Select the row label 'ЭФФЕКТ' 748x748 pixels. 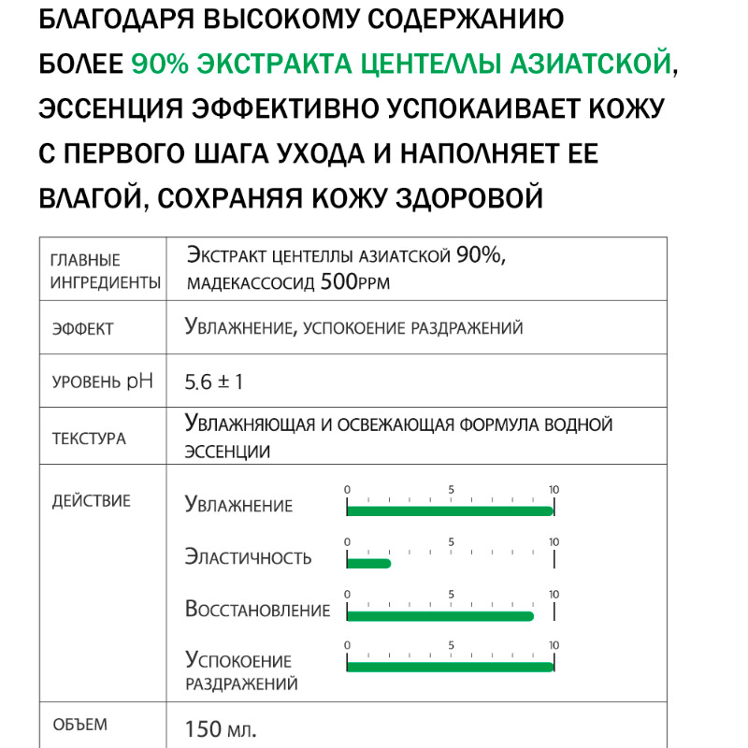(82, 329)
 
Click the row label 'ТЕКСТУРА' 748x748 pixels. (89, 439)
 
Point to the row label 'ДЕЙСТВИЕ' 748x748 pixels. (91, 501)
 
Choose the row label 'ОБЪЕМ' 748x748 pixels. (79, 725)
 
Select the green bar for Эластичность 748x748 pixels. (368, 563)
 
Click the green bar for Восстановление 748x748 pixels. (439, 615)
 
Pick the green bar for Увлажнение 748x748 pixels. (450, 511)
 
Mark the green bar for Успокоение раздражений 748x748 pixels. (450, 667)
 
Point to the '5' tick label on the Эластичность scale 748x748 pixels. (451, 542)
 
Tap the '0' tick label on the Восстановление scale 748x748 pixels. (347, 595)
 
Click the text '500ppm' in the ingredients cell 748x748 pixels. (354, 281)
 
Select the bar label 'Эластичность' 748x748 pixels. (248, 558)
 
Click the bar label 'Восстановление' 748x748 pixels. (257, 611)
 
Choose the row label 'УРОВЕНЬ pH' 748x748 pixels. (102, 382)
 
